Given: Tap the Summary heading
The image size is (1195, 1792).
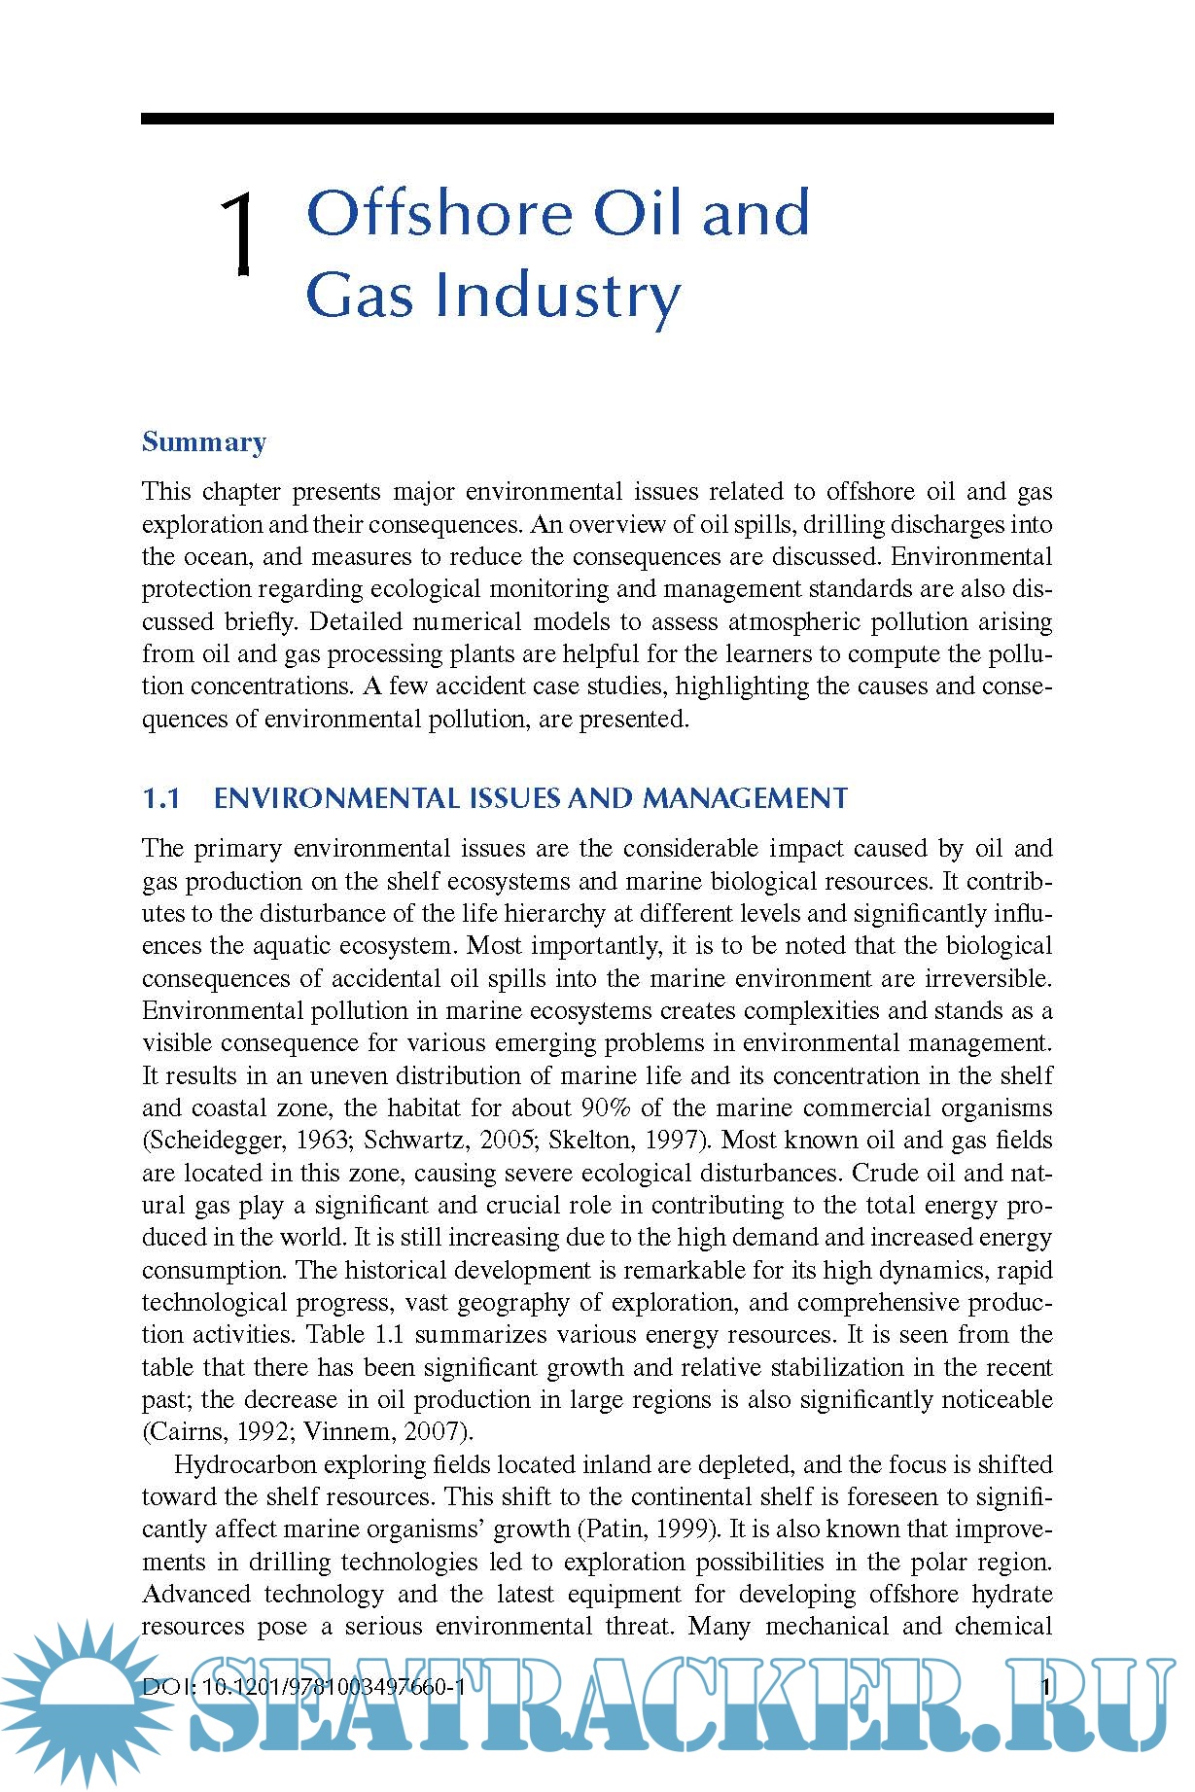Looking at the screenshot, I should (204, 441).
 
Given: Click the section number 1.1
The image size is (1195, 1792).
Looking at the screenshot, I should (161, 798).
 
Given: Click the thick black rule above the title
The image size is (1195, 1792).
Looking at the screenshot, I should (596, 119).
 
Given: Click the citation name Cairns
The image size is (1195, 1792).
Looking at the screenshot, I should (180, 1432).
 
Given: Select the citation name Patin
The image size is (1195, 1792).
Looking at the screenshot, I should (614, 1529).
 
